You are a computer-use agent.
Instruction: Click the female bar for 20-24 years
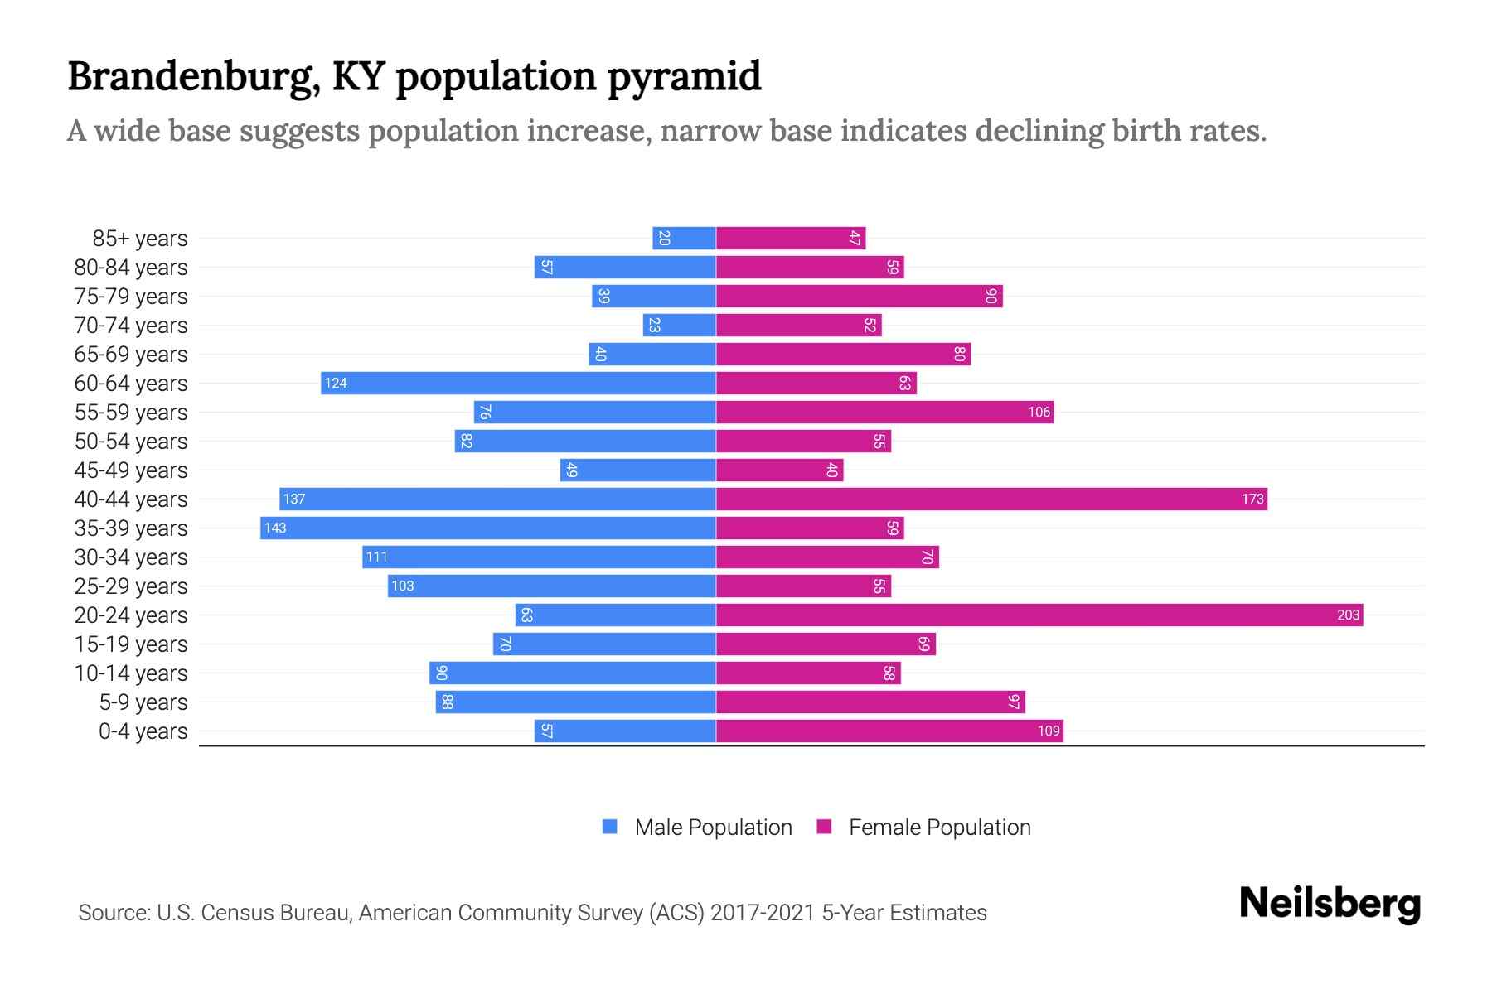[1039, 615]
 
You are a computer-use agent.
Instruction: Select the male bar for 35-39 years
[487, 528]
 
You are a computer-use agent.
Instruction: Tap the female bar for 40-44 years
[991, 499]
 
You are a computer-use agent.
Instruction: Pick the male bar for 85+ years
[684, 238]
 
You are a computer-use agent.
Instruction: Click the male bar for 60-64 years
[518, 383]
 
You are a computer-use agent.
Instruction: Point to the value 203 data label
[1348, 615]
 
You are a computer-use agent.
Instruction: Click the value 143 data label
[275, 528]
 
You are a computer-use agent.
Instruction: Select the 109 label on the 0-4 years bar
[1049, 731]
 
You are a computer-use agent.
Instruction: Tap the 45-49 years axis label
[131, 470]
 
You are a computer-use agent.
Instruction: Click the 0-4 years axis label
[143, 731]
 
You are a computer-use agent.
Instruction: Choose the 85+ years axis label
[140, 238]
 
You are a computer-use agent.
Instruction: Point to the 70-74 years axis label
[131, 325]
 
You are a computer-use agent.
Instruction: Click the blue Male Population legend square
[610, 827]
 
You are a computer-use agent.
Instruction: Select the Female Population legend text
[939, 827]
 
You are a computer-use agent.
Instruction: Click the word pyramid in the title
[684, 76]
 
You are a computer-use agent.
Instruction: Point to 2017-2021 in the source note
[763, 912]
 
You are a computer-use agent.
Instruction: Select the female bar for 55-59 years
[884, 412]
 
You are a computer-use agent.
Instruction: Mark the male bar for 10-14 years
[572, 673]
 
